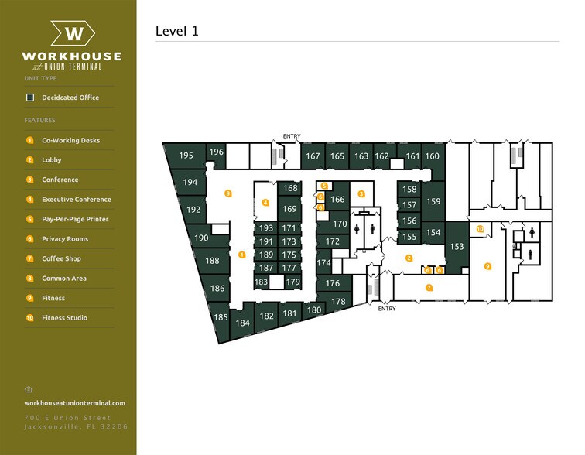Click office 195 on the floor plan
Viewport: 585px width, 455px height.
(186, 156)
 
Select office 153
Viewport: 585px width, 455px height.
(457, 246)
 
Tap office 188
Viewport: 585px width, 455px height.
(212, 262)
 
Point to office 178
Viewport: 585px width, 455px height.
(338, 302)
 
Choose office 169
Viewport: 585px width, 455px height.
(289, 209)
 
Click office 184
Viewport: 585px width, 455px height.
(243, 323)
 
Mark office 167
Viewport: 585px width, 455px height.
(313, 156)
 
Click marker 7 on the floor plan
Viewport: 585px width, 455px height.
(429, 288)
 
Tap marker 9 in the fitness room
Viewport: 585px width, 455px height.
(487, 266)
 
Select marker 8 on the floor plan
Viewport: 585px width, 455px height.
(227, 193)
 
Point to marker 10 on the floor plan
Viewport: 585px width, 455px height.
(480, 229)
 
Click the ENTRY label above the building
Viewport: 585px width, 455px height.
(292, 137)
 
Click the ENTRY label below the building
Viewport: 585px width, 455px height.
(387, 309)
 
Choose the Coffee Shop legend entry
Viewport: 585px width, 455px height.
(62, 258)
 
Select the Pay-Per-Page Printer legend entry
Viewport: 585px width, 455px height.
(75, 219)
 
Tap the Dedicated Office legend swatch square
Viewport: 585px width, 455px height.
(30, 97)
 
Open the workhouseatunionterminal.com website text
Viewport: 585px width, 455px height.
(74, 403)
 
